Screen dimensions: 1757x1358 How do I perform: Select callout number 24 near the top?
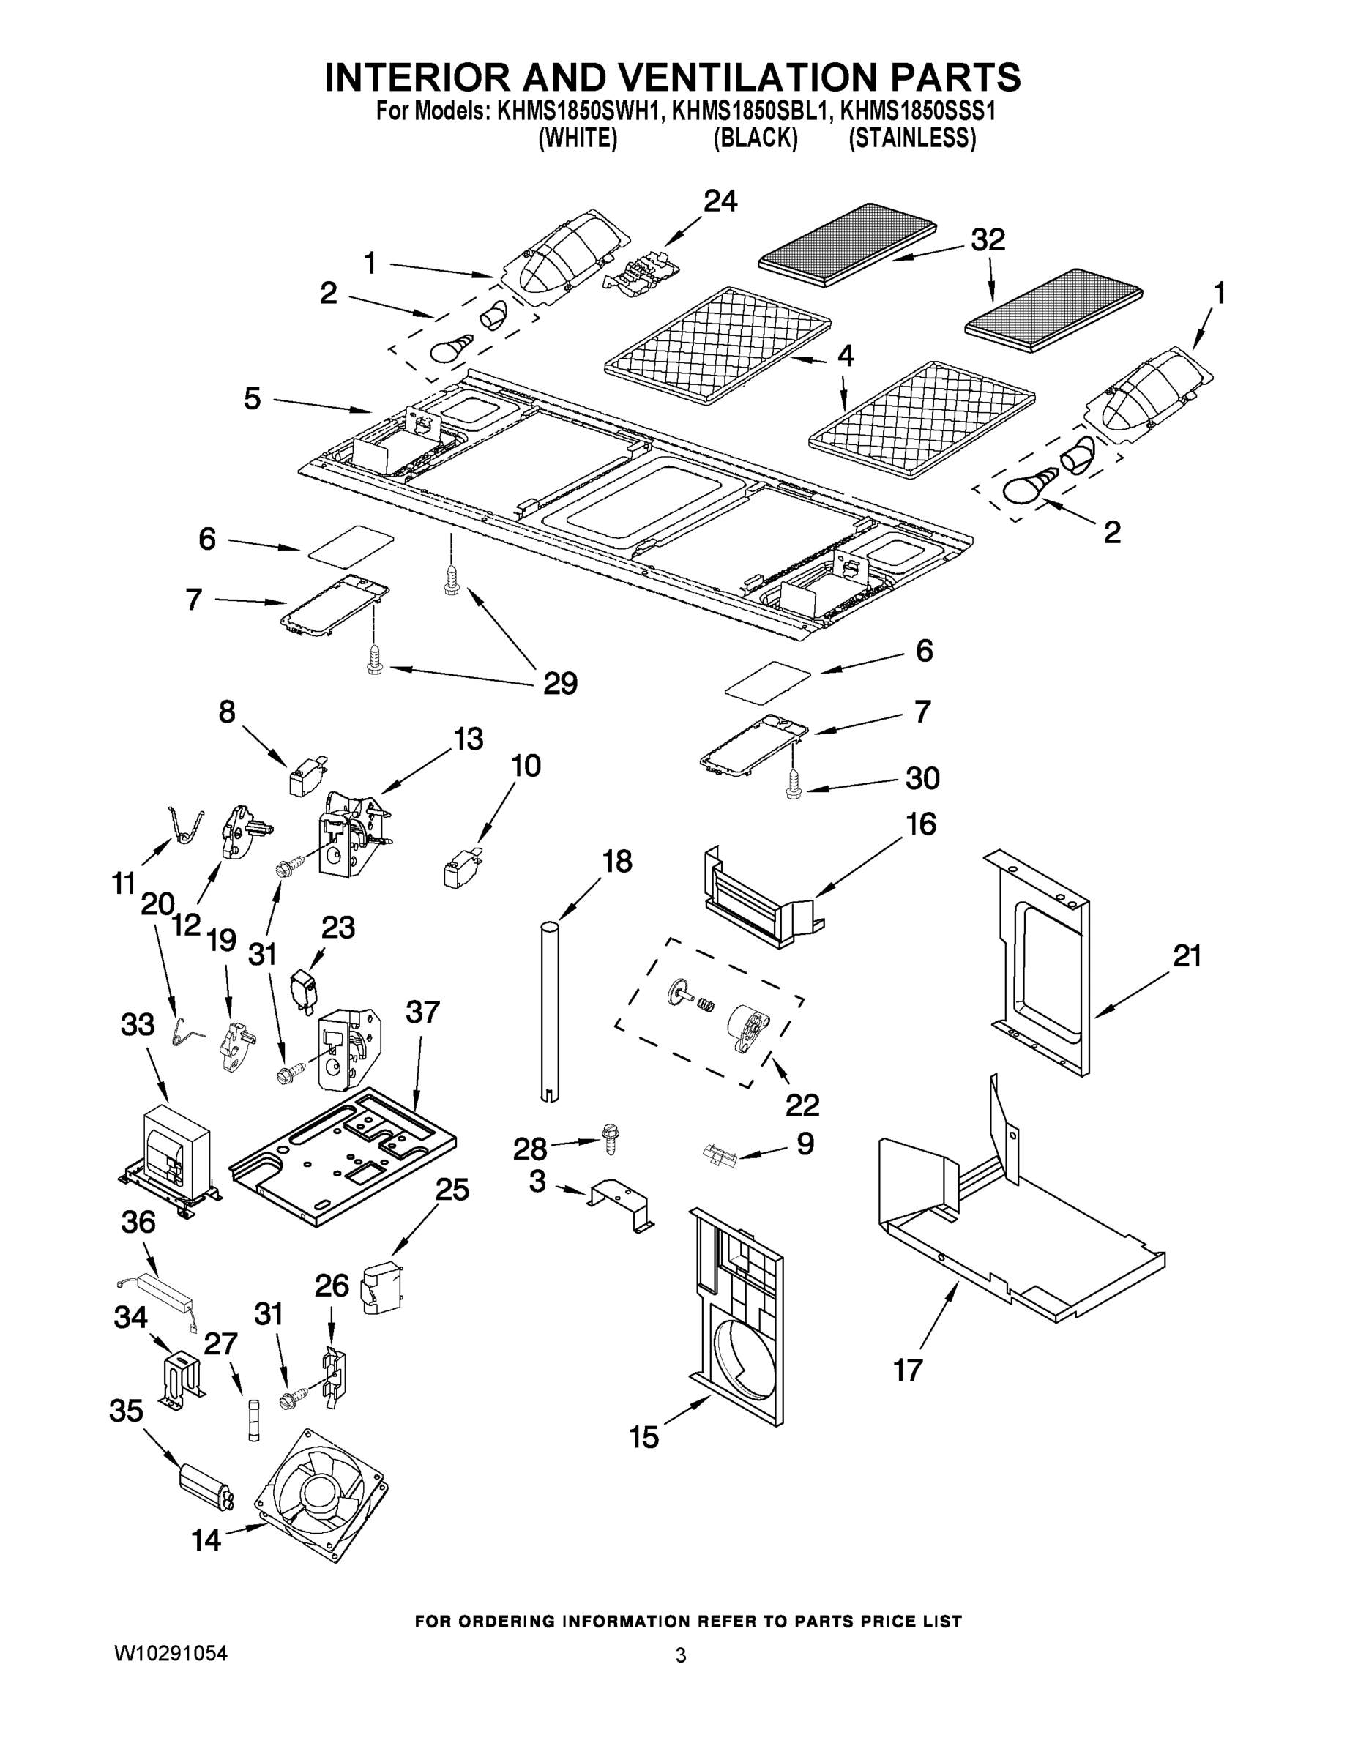tap(720, 201)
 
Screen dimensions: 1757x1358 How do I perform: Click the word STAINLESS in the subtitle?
tap(912, 138)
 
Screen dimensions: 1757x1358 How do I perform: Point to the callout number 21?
tap(1187, 957)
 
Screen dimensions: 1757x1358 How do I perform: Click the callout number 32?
tap(987, 239)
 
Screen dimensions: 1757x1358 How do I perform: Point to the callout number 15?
tap(644, 1437)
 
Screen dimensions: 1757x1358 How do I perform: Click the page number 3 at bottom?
tap(681, 1656)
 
